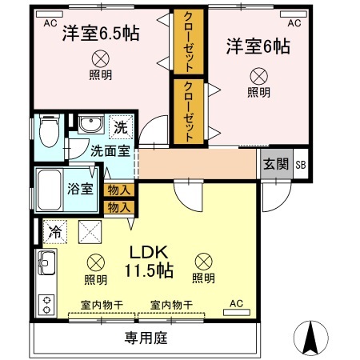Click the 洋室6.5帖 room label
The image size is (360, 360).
101,34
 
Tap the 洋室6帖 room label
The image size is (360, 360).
257,46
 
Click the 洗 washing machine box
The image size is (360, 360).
119,126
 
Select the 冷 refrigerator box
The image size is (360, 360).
54,231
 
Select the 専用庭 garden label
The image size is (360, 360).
146,338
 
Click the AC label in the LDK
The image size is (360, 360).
236,304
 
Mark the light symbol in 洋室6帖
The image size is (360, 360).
258,76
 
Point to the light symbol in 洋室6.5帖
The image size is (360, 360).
100,58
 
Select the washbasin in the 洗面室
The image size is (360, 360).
89,124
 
